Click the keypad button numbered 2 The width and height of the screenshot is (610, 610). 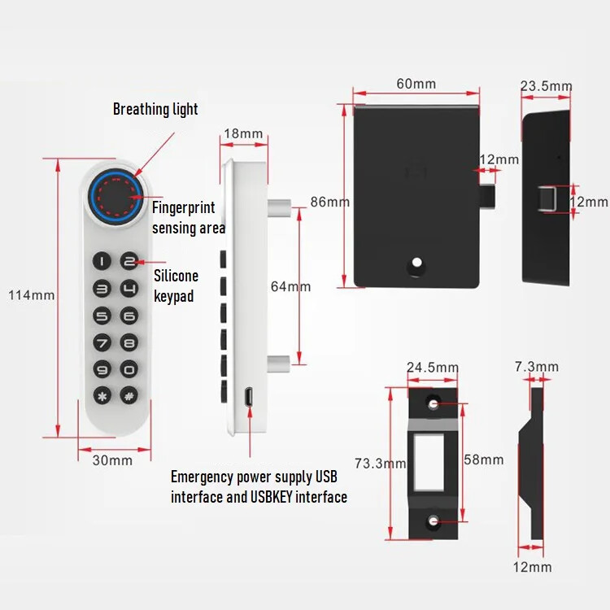coord(129,262)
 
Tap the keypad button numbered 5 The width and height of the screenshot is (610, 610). coord(102,316)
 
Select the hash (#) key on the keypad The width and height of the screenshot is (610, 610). coord(129,396)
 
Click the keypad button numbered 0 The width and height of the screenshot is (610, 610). coord(129,369)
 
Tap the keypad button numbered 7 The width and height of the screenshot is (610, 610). coord(102,342)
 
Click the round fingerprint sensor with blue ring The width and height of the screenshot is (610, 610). coord(115,195)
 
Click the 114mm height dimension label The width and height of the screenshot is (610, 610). coord(32,295)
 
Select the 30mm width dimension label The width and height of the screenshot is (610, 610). coord(111,460)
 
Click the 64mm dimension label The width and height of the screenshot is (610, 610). coord(290,286)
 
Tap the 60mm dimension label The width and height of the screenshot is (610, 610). coord(416,85)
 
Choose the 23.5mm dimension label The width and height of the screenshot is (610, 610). coord(546,86)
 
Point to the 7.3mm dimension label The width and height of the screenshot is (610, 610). coord(537,368)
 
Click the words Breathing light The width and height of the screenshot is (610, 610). coord(155,109)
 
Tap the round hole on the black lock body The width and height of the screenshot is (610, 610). coord(417,264)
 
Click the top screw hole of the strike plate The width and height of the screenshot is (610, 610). coord(434,403)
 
